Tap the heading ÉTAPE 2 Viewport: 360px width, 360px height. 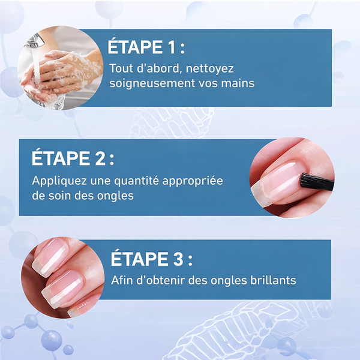click(72, 159)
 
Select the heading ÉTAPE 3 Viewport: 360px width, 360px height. click(152, 260)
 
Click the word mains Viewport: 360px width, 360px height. click(238, 83)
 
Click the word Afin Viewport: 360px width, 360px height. click(122, 280)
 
